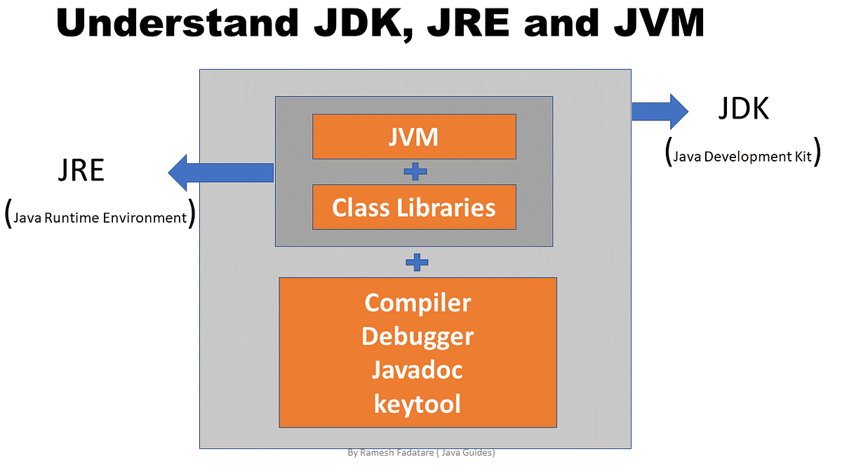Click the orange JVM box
[x=414, y=136]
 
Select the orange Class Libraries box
[x=414, y=207]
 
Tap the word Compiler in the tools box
[x=417, y=303]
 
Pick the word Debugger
[x=417, y=336]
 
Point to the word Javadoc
[x=417, y=370]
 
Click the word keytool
[x=417, y=404]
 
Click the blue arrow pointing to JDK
[x=660, y=111]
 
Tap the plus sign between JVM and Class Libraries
[x=415, y=171]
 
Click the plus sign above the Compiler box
[x=417, y=263]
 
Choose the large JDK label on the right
[x=744, y=109]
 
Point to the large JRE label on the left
[x=81, y=171]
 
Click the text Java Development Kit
[x=742, y=156]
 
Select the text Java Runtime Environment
[x=100, y=217]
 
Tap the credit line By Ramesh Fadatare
[x=421, y=453]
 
